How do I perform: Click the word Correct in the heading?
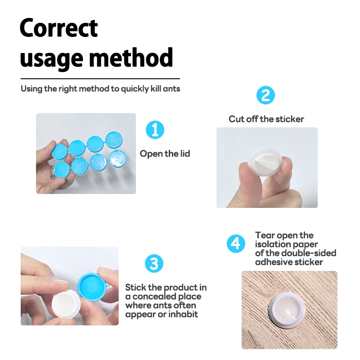[59, 28]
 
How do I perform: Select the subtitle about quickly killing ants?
[100, 89]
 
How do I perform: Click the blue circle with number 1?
[155, 130]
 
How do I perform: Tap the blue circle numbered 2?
[265, 95]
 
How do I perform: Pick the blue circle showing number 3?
[154, 263]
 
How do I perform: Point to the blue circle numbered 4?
[236, 243]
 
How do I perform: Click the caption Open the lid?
[165, 153]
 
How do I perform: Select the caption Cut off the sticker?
[266, 119]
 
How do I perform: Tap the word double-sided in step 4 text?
[309, 253]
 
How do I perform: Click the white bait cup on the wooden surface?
[288, 309]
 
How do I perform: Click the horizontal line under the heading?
[100, 79]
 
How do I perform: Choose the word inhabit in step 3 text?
[183, 314]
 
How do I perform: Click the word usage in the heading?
[51, 58]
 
